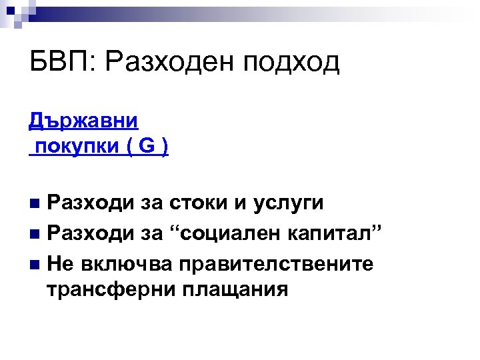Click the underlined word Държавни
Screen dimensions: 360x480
pos(83,121)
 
